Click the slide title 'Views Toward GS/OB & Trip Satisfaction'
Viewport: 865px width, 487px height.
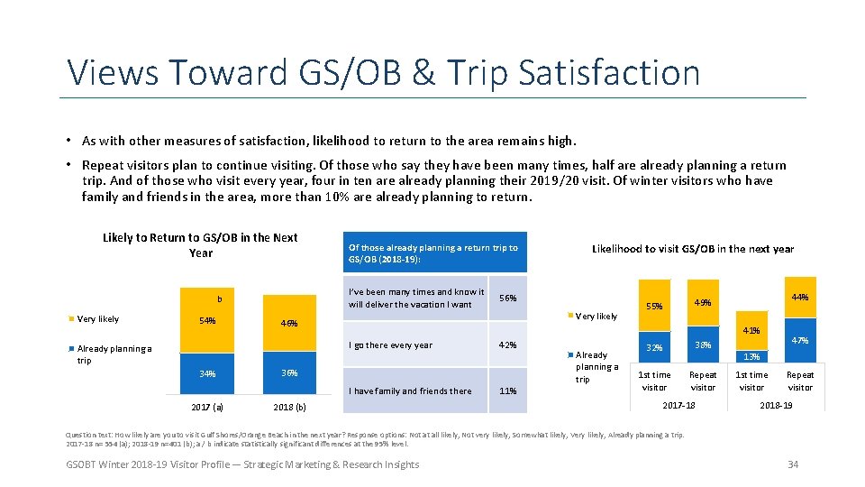click(383, 72)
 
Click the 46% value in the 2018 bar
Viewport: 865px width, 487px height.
click(288, 324)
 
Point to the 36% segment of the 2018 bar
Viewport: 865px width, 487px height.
click(288, 373)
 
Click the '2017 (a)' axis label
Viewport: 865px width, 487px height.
click(206, 406)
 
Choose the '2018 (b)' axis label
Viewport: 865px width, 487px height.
click(288, 407)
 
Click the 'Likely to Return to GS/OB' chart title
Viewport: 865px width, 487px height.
click(200, 245)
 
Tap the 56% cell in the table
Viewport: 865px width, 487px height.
click(508, 299)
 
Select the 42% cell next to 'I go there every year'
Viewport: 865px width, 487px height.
click(508, 345)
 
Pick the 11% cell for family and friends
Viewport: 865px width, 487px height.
click(508, 391)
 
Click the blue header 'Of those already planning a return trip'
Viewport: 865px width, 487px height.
click(433, 253)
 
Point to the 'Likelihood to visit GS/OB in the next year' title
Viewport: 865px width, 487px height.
click(692, 249)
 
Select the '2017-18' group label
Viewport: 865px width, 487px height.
click(678, 406)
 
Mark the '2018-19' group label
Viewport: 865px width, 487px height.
click(776, 406)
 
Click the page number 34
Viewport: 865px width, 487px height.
click(793, 464)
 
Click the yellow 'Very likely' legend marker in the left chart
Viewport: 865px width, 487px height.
click(71, 319)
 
